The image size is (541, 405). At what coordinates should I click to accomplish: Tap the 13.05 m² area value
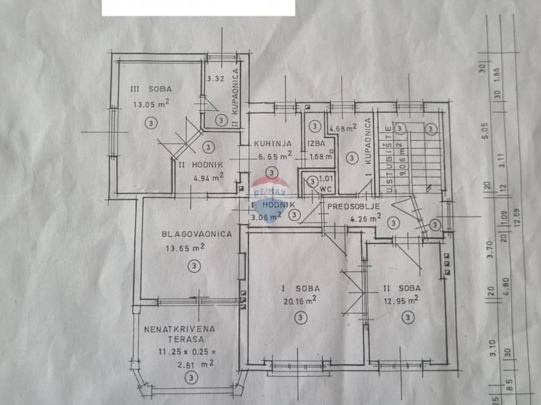coord(152,104)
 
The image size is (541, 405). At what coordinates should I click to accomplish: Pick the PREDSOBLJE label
coord(351,206)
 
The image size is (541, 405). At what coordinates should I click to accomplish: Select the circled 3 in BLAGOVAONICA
coord(195,266)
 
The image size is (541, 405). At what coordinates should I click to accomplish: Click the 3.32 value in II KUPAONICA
coord(217,79)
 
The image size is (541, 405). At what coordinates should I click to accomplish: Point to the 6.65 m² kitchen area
coord(275,156)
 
